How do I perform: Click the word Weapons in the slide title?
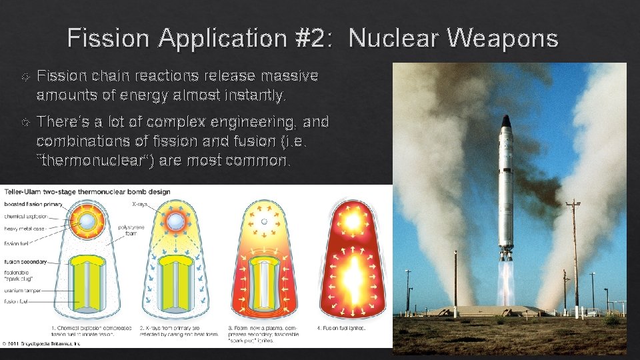pyautogui.click(x=503, y=38)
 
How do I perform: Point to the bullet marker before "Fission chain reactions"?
pyautogui.click(x=25, y=77)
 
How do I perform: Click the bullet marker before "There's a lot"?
pyautogui.click(x=25, y=123)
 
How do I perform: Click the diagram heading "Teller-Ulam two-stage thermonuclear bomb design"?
pyautogui.click(x=86, y=192)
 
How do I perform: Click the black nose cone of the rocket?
pyautogui.click(x=506, y=122)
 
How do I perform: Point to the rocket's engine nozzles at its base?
pyautogui.click(x=507, y=255)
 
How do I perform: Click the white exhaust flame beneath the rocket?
pyautogui.click(x=507, y=283)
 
